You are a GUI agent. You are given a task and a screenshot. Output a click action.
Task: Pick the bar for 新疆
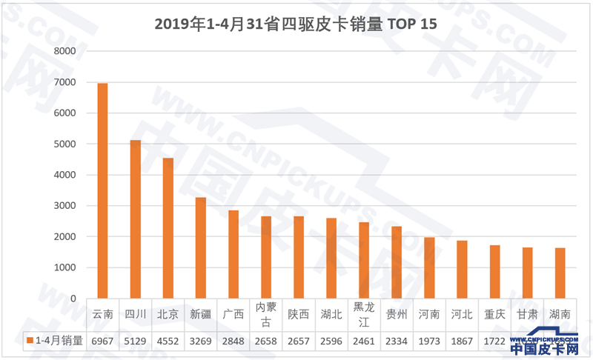(x=200, y=247)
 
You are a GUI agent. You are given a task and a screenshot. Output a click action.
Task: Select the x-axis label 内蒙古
(x=265, y=314)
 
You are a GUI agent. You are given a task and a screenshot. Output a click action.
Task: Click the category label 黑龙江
(x=363, y=314)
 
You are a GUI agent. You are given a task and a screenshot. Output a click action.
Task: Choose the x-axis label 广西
(x=233, y=314)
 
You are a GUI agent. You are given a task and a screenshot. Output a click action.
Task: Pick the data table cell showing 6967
(x=102, y=341)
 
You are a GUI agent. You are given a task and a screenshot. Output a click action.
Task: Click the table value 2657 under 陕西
(x=298, y=341)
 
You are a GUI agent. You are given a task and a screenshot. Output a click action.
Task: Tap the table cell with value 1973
(x=429, y=341)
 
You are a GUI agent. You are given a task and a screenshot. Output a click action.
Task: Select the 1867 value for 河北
(x=462, y=341)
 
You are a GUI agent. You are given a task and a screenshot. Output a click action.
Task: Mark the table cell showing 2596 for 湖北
(x=331, y=341)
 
